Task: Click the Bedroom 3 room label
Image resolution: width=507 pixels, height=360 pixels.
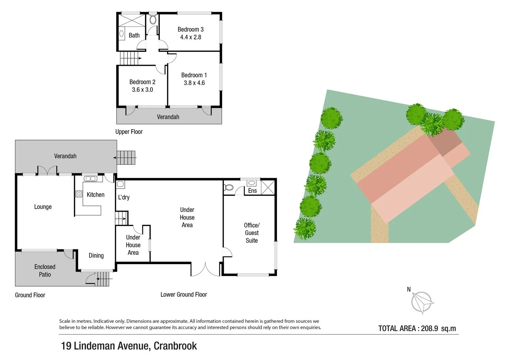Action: [x=190, y=29]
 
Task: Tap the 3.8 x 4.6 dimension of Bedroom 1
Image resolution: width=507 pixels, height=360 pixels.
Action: [x=194, y=83]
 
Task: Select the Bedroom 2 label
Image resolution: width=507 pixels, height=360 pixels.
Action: [x=142, y=82]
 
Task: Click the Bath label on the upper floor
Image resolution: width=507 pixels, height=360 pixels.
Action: [x=134, y=35]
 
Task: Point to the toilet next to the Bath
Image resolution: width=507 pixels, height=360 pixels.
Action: [x=153, y=19]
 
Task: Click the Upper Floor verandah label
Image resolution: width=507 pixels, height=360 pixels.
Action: [x=168, y=117]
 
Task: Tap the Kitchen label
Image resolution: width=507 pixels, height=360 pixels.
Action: [x=95, y=195]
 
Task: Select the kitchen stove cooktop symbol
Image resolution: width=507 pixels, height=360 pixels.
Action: [x=79, y=194]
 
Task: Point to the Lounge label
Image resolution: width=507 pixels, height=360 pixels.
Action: [x=43, y=207]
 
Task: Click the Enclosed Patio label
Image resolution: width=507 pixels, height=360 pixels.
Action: [x=45, y=271]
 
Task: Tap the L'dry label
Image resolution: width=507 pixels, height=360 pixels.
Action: [x=124, y=197]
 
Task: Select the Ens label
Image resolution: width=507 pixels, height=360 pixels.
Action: [x=252, y=191]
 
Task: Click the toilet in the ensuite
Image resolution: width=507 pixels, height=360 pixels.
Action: [x=229, y=187]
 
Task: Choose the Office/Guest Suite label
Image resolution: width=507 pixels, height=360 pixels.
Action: [x=252, y=233]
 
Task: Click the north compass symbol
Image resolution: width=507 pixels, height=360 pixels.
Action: [x=422, y=302]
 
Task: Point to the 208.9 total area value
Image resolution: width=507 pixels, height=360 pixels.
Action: [x=430, y=328]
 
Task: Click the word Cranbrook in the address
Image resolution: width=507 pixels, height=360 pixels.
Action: [x=175, y=346]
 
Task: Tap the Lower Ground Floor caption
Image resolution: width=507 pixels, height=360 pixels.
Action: [x=184, y=295]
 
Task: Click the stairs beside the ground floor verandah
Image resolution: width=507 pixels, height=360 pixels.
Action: [x=126, y=158]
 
